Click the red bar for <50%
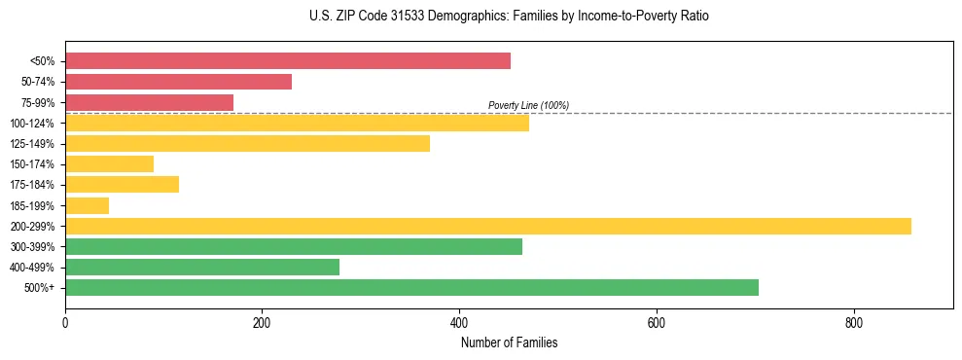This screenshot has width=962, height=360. click(288, 61)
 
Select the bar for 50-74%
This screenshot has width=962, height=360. click(178, 82)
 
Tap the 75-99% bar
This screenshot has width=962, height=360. click(149, 102)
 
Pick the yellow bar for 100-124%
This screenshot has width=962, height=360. click(297, 123)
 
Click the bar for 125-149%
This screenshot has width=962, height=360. click(247, 144)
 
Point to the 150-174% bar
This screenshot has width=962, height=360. click(109, 164)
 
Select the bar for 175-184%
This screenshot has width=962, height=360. click(122, 185)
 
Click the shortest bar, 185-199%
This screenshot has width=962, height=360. click(87, 205)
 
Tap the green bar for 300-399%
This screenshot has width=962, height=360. click(294, 246)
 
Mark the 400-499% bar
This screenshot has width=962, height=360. click(202, 267)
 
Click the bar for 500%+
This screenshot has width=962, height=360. click(411, 287)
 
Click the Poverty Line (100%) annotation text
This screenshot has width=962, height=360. click(528, 105)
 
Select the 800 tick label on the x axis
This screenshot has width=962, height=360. click(853, 324)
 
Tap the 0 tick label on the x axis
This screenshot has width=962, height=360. click(65, 324)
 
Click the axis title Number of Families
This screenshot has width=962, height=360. click(509, 343)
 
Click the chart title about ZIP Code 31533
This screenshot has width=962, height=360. click(509, 17)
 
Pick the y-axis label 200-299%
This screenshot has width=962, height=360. click(37, 226)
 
